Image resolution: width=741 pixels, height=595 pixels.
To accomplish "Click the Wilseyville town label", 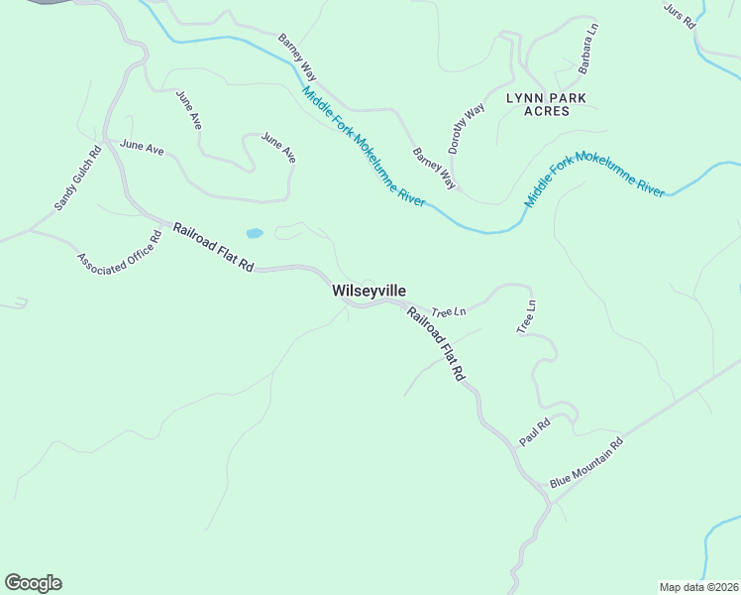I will click(369, 291).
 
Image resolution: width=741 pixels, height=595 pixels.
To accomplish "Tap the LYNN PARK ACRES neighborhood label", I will click(546, 104).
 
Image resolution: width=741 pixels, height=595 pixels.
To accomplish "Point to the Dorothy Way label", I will click(466, 128).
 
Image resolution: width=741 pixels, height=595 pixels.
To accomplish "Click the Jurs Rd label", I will click(680, 14).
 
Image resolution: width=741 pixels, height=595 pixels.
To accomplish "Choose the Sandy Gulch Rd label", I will click(78, 178).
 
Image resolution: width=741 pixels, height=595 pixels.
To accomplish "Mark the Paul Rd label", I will click(534, 433).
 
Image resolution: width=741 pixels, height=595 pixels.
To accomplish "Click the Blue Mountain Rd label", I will click(586, 463).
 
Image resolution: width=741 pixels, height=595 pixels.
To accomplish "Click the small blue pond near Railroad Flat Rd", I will click(255, 234).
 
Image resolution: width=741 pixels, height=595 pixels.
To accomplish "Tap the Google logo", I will click(33, 583).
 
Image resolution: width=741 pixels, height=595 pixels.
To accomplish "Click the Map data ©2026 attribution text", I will click(699, 587).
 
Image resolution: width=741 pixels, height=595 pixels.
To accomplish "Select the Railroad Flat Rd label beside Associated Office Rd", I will click(214, 248).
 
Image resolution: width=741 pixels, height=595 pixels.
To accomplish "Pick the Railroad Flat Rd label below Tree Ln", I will click(435, 343).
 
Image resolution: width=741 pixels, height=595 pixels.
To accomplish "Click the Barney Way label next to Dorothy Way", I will click(434, 169).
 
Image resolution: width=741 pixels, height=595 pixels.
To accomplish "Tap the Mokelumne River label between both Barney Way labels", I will click(364, 147).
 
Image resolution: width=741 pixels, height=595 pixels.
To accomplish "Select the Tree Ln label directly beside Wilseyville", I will click(449, 311).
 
